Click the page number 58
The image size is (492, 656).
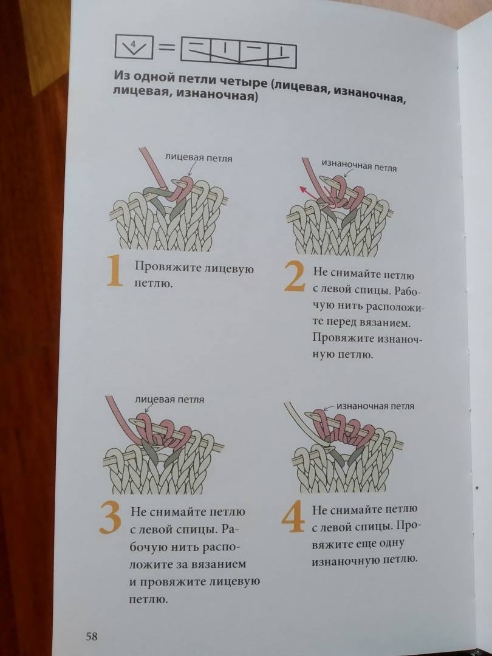(x=92, y=637)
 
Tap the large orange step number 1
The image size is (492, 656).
(x=115, y=271)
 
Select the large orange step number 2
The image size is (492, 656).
(x=295, y=276)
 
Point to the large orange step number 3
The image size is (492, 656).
(x=111, y=518)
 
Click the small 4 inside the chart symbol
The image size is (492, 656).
(x=133, y=44)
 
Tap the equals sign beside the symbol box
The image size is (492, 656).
(x=167, y=48)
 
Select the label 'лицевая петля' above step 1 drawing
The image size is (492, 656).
(x=199, y=158)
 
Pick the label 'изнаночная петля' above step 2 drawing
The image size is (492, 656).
(x=359, y=166)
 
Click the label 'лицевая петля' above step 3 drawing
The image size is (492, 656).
(x=169, y=399)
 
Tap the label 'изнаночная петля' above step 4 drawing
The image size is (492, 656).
(x=375, y=406)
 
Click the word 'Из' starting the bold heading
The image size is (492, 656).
(x=120, y=77)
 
